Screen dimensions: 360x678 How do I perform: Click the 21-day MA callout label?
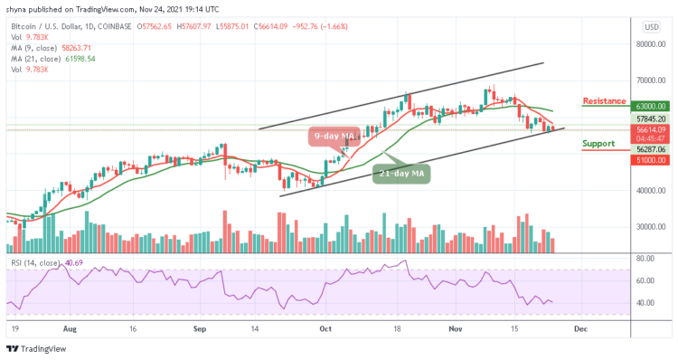coord(397,173)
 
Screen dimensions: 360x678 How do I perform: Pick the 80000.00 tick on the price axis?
coord(648,43)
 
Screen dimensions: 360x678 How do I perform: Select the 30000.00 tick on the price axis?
coord(648,227)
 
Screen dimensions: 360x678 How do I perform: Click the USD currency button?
coord(650,26)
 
